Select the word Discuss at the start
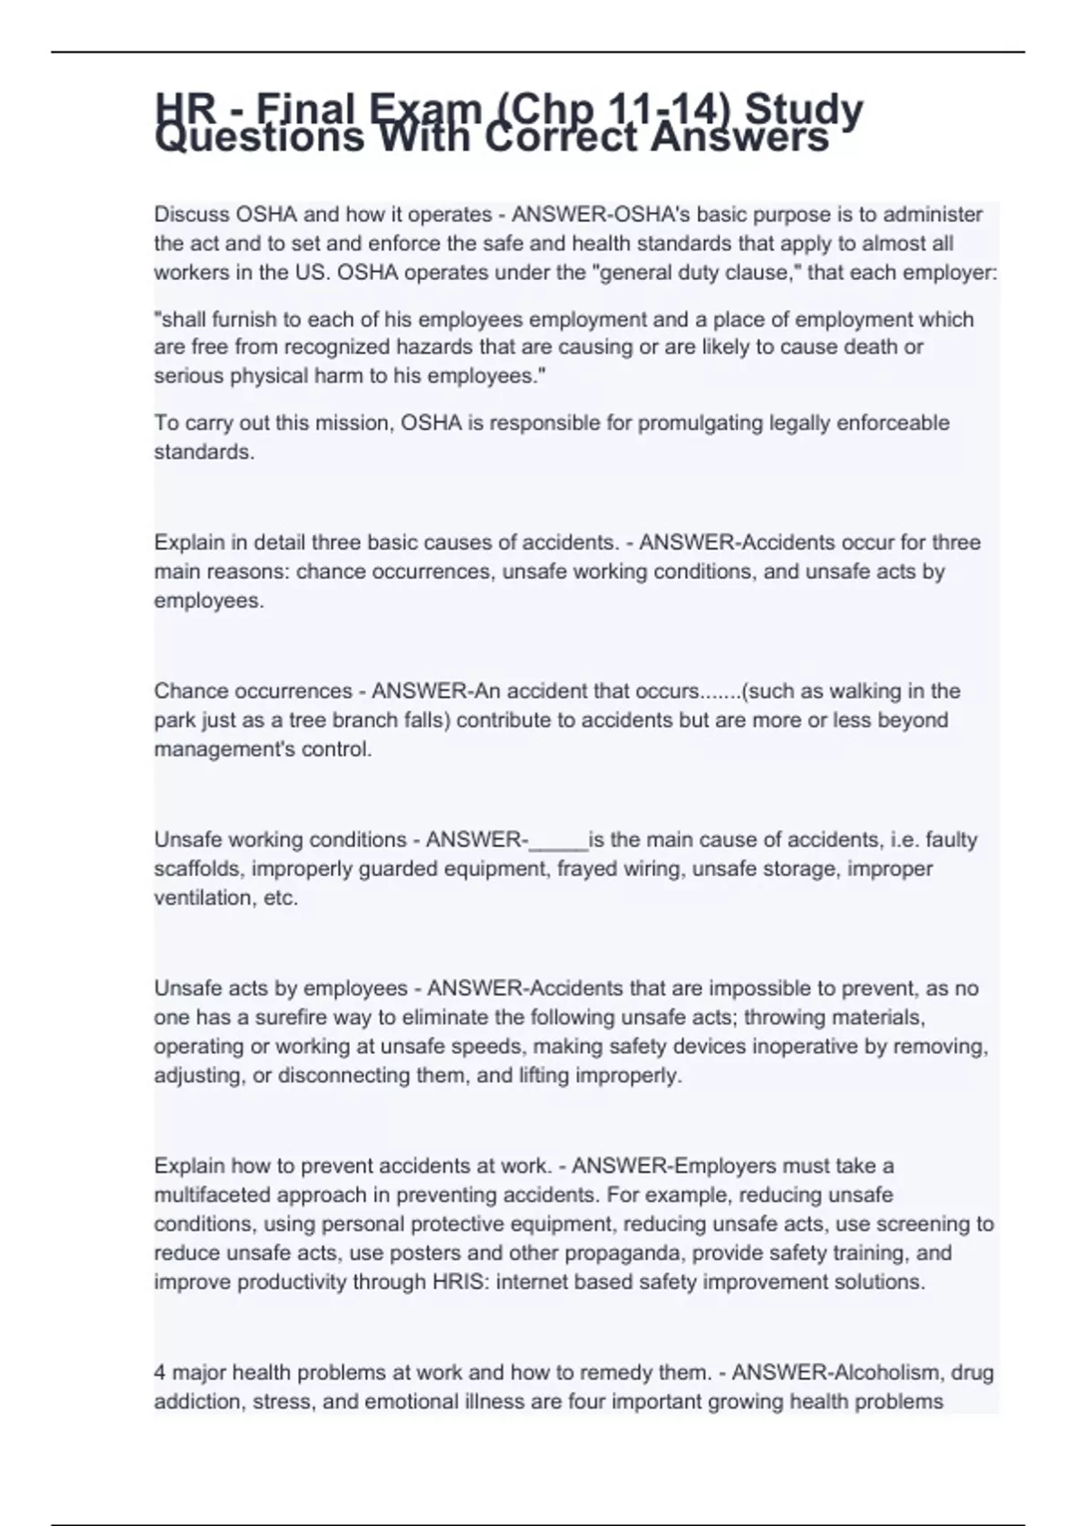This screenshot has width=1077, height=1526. tap(191, 215)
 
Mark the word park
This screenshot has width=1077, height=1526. tap(174, 720)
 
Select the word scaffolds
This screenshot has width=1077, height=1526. tap(197, 869)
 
